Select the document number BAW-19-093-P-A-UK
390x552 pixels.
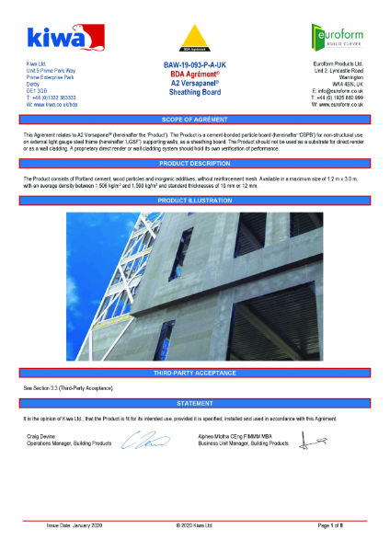pyautogui.click(x=194, y=64)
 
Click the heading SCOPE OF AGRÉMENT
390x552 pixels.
pyautogui.click(x=195, y=121)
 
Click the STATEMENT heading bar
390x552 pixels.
pyautogui.click(x=195, y=403)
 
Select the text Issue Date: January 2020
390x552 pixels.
pyautogui.click(x=73, y=526)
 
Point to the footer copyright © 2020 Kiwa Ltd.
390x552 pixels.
pyautogui.click(x=194, y=526)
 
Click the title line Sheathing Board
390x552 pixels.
pyautogui.click(x=195, y=91)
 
